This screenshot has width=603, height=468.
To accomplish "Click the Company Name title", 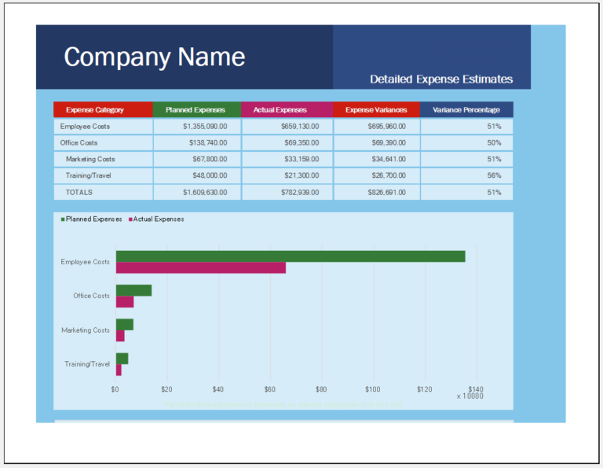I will point(154,57).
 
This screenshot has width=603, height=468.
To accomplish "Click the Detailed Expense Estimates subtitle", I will point(440,79).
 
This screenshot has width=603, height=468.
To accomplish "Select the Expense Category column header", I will point(95,110).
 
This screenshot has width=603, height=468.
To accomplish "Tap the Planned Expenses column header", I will point(196,110).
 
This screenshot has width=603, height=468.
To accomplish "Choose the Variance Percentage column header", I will point(466,110).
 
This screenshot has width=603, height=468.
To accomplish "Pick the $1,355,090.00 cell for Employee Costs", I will point(205,127).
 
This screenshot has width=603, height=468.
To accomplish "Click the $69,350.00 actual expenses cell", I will point(299,143).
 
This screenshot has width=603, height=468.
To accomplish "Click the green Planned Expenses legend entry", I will point(91,219).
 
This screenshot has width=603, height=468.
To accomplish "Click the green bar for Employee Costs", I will point(290,256).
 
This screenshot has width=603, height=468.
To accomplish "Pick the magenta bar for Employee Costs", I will point(200,268).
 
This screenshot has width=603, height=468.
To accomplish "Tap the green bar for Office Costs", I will point(133,290).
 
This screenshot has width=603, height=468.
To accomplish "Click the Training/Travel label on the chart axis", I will point(87,364).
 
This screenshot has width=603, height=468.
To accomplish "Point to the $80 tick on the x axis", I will point(321,389).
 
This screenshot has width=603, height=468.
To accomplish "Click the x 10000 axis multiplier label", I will point(470,396).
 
